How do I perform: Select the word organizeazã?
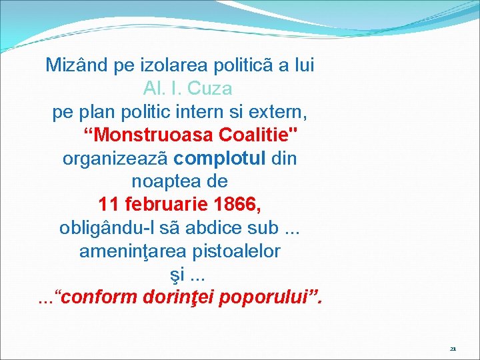coord(116,159)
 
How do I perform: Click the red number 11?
coord(109,205)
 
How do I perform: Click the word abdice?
coord(223,228)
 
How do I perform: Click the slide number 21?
coord(453,349)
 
